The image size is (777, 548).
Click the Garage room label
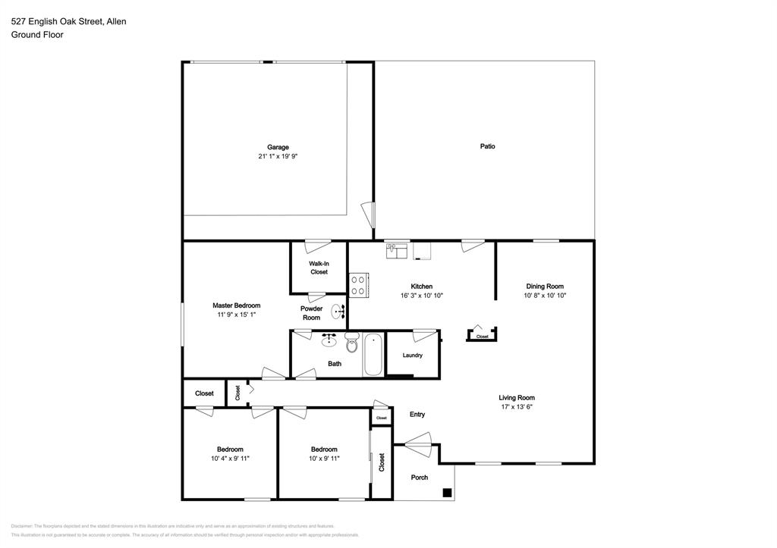tap(278, 147)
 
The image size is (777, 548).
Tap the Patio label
tap(487, 146)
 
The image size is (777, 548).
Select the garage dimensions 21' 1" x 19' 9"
tap(278, 157)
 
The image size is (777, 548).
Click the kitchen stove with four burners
tap(358, 284)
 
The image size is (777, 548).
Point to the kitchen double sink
tap(396, 251)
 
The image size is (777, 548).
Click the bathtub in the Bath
tap(373, 354)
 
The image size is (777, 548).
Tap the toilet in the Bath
tap(351, 344)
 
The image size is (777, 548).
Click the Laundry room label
tap(413, 355)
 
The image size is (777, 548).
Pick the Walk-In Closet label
tap(319, 268)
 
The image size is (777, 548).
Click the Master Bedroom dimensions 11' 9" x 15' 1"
tap(236, 315)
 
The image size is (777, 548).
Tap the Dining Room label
tap(545, 287)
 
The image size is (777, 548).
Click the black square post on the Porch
tap(447, 493)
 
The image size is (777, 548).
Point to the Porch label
tap(420, 478)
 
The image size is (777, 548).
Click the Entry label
tap(417, 415)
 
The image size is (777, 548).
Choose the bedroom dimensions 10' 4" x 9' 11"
tap(230, 459)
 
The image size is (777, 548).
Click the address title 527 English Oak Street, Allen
tap(68, 21)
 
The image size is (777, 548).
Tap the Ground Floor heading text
tap(37, 35)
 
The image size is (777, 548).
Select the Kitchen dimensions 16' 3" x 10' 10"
tap(422, 296)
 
